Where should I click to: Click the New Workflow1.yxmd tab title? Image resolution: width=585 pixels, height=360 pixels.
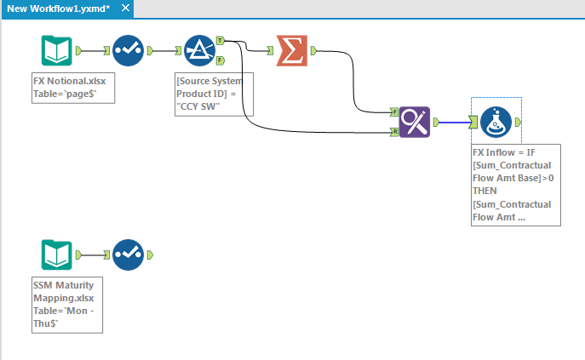click(x=58, y=9)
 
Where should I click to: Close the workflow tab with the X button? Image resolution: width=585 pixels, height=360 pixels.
click(x=125, y=9)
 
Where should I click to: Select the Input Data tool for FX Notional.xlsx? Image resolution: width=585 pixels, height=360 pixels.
click(x=57, y=51)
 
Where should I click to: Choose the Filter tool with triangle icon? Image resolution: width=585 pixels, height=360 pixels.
click(x=199, y=51)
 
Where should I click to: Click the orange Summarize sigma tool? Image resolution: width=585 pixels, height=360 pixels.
click(x=292, y=51)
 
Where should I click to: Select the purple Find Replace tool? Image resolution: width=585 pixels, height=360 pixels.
click(x=414, y=122)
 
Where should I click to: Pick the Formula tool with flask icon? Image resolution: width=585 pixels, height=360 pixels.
click(x=496, y=123)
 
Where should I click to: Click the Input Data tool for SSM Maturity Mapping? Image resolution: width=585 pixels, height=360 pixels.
click(x=57, y=254)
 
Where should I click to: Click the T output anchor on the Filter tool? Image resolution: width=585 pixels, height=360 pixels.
click(x=220, y=40)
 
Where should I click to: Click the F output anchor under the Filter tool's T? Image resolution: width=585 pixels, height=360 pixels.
click(x=220, y=60)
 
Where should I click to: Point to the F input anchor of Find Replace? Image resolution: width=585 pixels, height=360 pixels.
click(x=394, y=111)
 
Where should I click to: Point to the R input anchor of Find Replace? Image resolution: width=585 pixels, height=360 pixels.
click(x=394, y=132)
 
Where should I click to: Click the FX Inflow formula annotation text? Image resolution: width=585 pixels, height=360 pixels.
click(x=514, y=184)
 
